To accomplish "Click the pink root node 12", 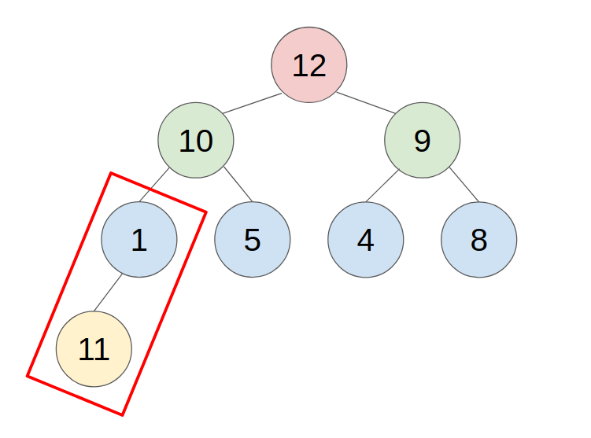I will click(x=309, y=64).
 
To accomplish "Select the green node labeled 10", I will click(x=196, y=141).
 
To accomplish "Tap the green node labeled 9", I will click(x=423, y=141).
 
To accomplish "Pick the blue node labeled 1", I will click(x=139, y=240).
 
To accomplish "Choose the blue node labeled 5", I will click(x=253, y=240).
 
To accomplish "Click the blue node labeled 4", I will click(x=366, y=240).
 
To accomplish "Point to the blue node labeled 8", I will click(x=479, y=240).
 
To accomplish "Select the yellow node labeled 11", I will click(x=94, y=348).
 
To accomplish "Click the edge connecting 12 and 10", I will click(x=252, y=103).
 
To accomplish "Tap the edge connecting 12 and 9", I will click(x=366, y=103).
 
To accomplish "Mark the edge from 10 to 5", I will click(x=238, y=185).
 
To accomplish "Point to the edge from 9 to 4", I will click(x=381, y=185).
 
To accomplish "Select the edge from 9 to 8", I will click(x=464, y=185).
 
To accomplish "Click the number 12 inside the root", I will click(x=309, y=65).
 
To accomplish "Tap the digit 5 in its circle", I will click(x=253, y=241).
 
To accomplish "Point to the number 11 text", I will click(x=94, y=349).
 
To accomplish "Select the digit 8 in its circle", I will click(x=479, y=241).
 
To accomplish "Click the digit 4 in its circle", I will click(x=366, y=241).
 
